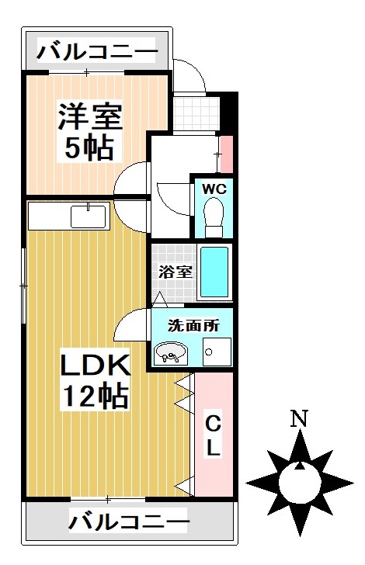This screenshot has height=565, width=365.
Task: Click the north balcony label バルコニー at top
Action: pos(97,53)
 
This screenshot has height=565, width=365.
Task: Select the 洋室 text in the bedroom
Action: pos(89,119)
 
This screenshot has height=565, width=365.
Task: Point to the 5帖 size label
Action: pos(89,147)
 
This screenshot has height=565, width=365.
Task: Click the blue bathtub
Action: pos(214,272)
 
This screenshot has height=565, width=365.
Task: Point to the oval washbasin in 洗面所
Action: pos(170,354)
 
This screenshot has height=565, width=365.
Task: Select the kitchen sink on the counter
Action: pos(89,215)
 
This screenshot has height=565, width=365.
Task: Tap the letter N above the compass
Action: pos(297,420)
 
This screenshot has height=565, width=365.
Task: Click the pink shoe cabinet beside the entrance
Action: pos(226,153)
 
